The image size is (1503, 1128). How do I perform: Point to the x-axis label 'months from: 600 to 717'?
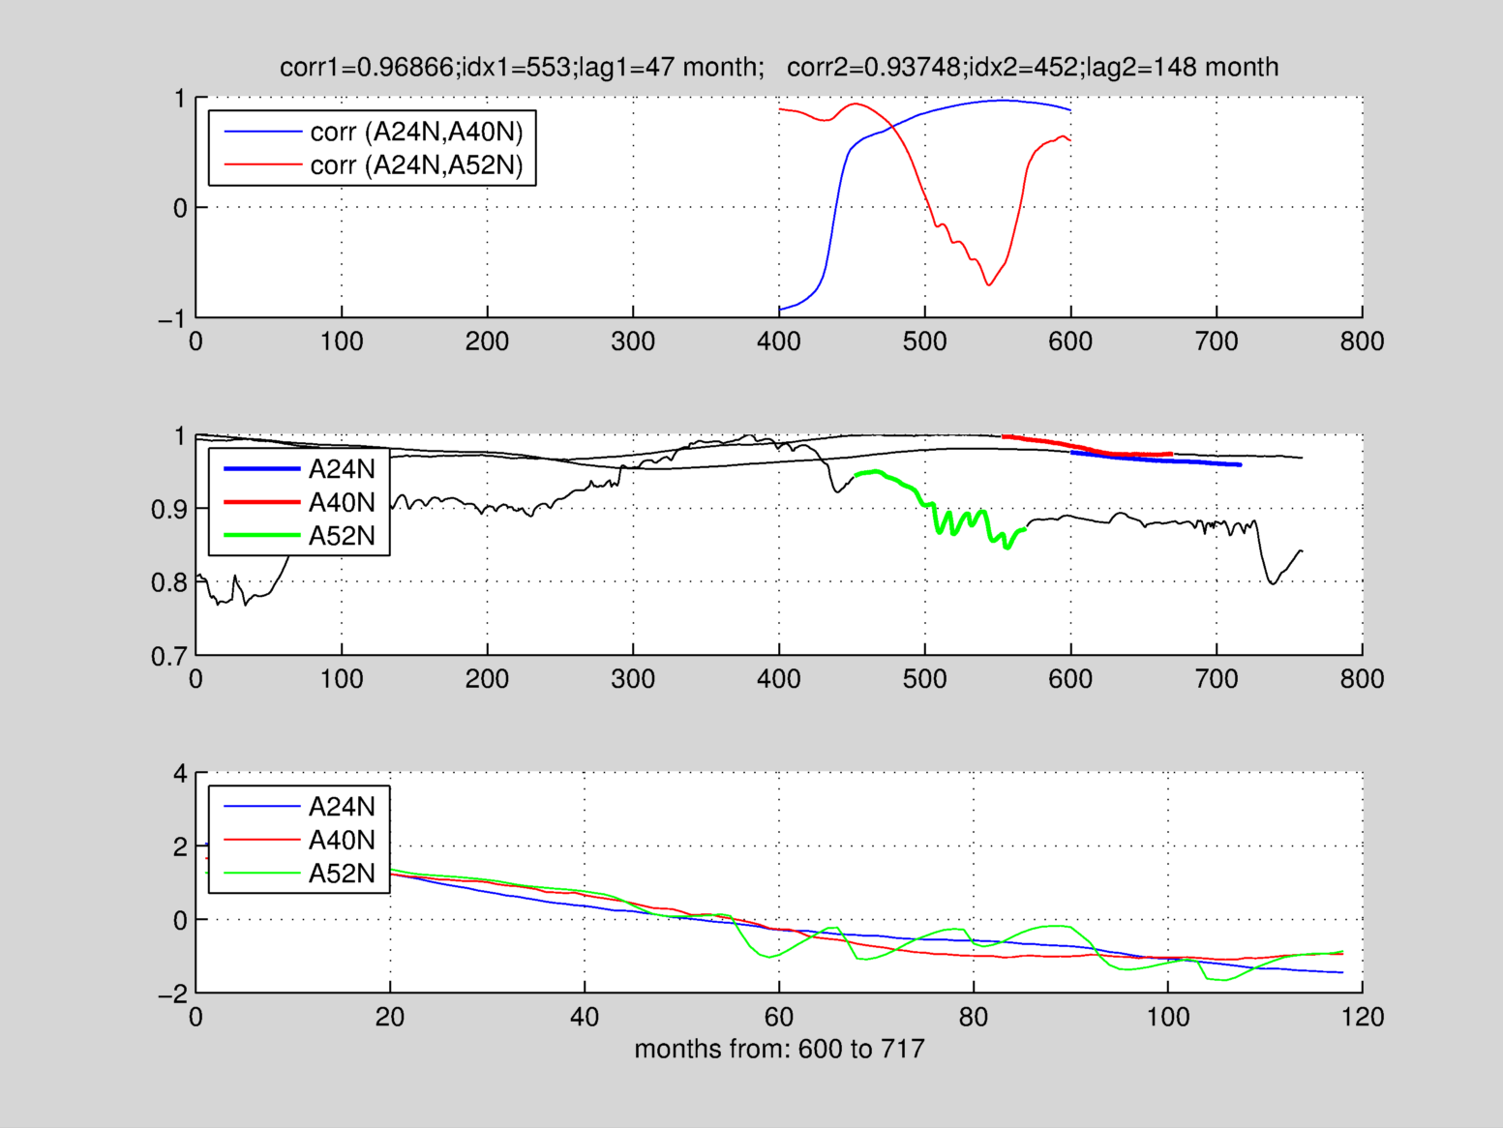[779, 1049]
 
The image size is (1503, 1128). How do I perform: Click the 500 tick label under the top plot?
[924, 341]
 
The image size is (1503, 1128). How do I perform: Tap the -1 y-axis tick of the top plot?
[172, 318]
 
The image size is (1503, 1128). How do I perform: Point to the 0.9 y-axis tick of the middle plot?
[168, 510]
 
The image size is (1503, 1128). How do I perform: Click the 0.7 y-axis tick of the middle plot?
[168, 657]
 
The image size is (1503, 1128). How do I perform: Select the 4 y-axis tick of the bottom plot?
[180, 774]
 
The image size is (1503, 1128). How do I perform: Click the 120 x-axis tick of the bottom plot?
[1362, 1018]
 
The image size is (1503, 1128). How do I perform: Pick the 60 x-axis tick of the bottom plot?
[779, 1018]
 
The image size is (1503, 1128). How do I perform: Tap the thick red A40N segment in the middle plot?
[1084, 447]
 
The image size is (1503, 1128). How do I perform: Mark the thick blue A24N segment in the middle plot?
[1161, 460]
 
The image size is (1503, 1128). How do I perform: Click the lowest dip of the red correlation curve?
[988, 284]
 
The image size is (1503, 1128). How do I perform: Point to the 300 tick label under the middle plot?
[633, 679]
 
